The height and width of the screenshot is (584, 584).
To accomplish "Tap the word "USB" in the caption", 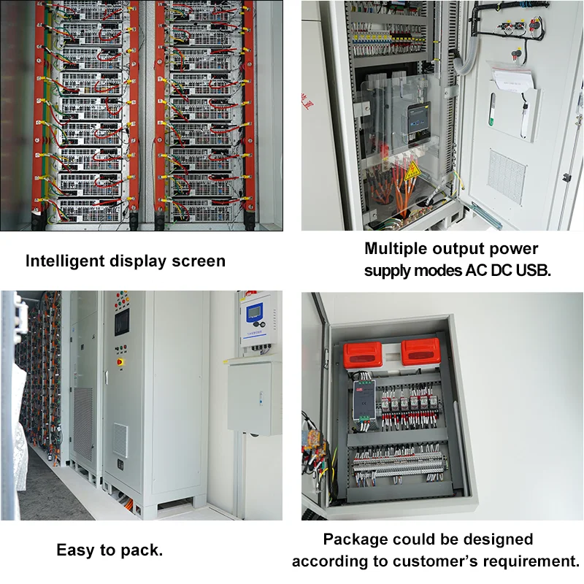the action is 530,269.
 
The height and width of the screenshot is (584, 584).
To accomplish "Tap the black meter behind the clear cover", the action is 419,120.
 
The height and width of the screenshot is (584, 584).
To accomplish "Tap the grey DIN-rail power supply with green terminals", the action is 363,401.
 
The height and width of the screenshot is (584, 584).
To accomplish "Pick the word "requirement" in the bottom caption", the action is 531,561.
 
